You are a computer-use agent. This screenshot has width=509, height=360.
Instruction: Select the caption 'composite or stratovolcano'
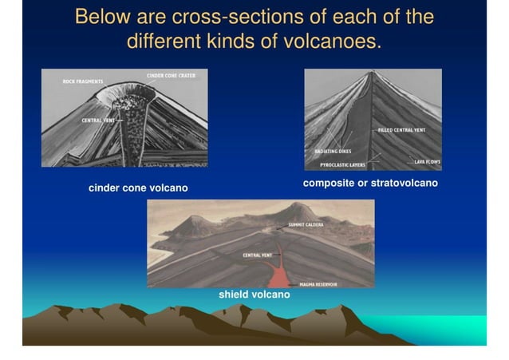click(x=370, y=184)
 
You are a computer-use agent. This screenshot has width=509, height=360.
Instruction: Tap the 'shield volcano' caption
click(x=254, y=295)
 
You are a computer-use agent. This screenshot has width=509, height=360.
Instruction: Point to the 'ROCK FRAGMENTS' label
click(x=83, y=81)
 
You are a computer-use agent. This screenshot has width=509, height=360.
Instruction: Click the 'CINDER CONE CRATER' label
click(x=171, y=75)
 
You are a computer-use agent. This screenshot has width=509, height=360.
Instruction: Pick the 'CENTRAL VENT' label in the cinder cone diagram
click(x=97, y=120)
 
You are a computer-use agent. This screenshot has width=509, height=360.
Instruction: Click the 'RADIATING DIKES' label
click(x=333, y=150)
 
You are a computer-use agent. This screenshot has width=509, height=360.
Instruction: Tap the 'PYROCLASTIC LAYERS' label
click(x=342, y=165)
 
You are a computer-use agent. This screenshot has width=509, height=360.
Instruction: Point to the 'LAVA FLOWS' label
click(x=427, y=161)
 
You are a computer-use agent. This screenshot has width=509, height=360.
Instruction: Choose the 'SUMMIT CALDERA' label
click(x=306, y=225)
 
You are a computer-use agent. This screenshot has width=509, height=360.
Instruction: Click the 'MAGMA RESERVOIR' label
click(x=318, y=284)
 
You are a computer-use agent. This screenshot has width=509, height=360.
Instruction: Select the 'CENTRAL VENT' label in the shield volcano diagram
click(x=258, y=255)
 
